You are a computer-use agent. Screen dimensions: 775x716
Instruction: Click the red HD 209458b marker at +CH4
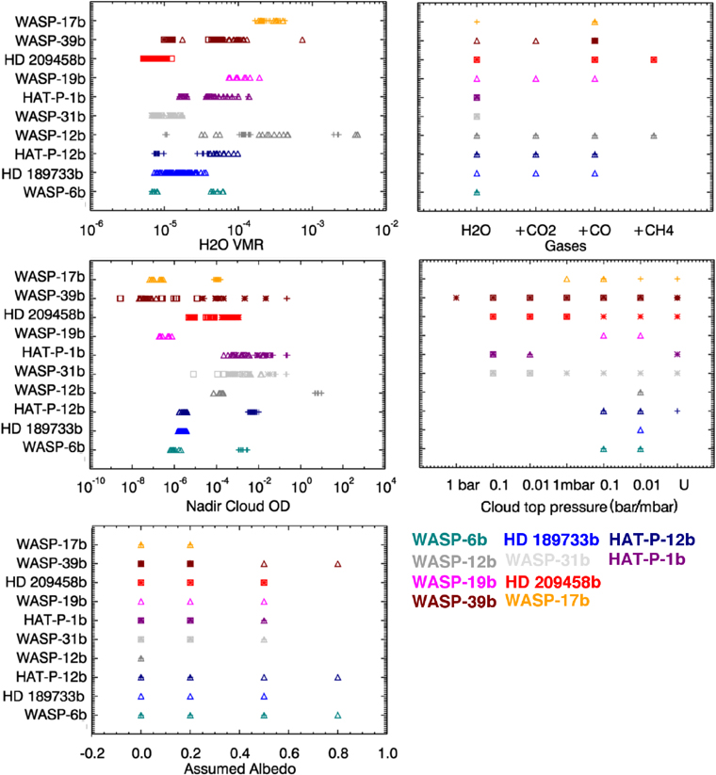(x=653, y=59)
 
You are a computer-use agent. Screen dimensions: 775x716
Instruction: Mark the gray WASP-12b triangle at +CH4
(x=653, y=136)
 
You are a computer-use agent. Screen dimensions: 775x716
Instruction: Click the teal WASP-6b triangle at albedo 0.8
(x=337, y=716)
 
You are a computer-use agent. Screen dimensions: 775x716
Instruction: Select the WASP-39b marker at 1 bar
(x=456, y=298)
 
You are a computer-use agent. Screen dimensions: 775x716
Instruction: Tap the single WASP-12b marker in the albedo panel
(x=140, y=658)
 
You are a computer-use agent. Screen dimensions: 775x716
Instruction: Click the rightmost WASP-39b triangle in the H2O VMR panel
(x=302, y=40)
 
